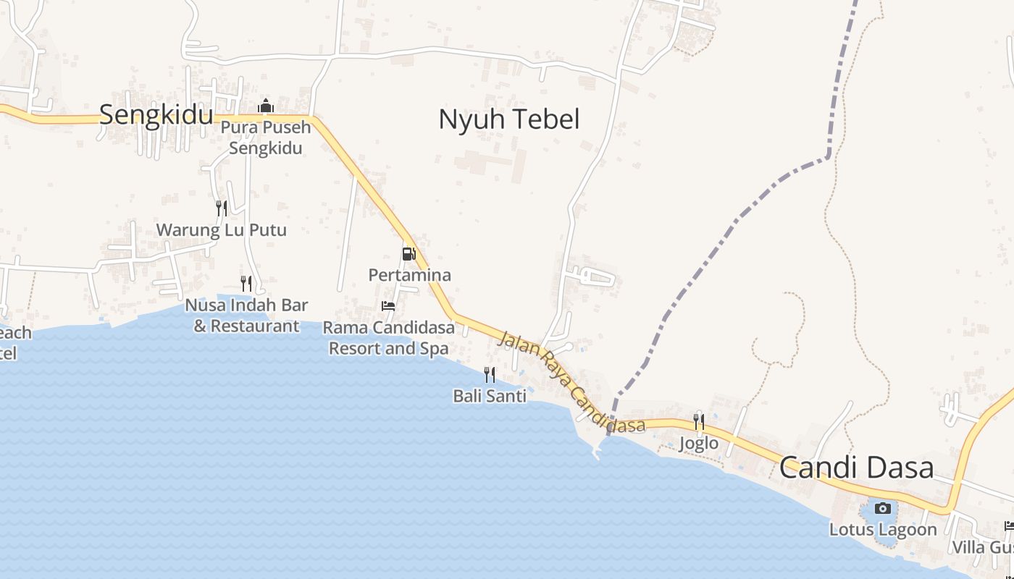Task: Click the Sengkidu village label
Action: tap(156, 115)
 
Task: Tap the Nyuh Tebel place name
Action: tap(508, 119)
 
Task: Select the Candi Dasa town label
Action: tap(856, 468)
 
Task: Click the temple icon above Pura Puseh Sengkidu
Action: tap(266, 106)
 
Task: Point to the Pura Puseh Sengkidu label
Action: tap(266, 138)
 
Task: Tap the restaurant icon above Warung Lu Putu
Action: tap(222, 208)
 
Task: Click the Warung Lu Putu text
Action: tap(222, 230)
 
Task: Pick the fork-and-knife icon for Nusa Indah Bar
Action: tap(246, 283)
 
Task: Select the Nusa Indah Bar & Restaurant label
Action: tap(246, 316)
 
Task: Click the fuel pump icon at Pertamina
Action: tap(409, 254)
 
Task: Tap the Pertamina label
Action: tap(409, 275)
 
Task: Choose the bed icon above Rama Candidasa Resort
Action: tap(388, 306)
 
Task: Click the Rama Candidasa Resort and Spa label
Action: tap(389, 338)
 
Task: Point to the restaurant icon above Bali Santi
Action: tap(490, 374)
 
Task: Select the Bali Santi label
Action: tap(490, 396)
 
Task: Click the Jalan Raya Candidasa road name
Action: tap(571, 382)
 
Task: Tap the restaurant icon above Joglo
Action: tap(699, 421)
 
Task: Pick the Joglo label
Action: tap(699, 443)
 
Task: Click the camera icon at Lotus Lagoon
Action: tap(882, 508)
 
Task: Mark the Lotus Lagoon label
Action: tap(882, 529)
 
